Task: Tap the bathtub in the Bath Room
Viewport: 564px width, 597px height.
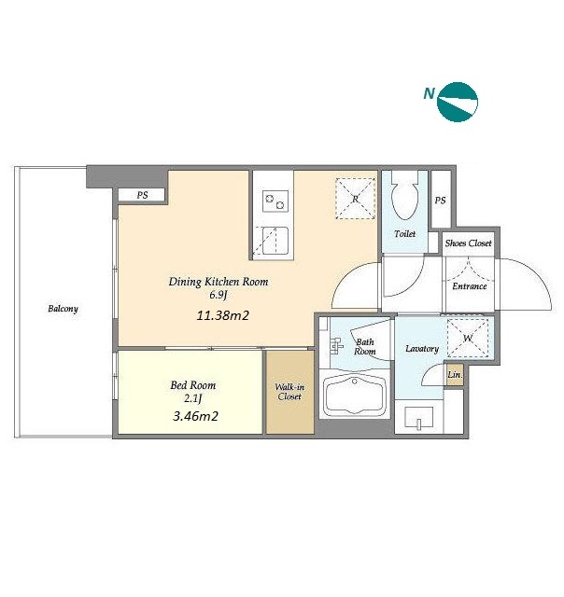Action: point(355,395)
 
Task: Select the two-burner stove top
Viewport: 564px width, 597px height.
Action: point(275,201)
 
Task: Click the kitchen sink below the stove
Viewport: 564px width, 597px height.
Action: point(275,241)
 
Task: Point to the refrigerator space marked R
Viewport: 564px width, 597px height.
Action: point(355,199)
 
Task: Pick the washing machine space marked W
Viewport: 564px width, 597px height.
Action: point(468,339)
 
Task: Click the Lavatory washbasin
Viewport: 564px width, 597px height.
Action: point(419,419)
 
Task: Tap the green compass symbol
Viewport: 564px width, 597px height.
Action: point(458,102)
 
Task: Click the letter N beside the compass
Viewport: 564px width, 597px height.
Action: point(430,93)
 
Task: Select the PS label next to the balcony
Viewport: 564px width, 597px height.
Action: point(142,195)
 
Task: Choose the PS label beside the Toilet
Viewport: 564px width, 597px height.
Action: point(440,201)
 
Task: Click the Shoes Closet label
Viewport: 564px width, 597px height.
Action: point(469,243)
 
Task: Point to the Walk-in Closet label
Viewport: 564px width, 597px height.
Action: point(289,392)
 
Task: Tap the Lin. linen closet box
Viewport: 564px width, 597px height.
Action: point(455,375)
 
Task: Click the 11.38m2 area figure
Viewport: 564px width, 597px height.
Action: point(223,315)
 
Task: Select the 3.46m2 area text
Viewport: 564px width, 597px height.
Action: point(195,416)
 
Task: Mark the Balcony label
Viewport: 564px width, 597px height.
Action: point(63,309)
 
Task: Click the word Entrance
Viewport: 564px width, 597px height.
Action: point(470,286)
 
